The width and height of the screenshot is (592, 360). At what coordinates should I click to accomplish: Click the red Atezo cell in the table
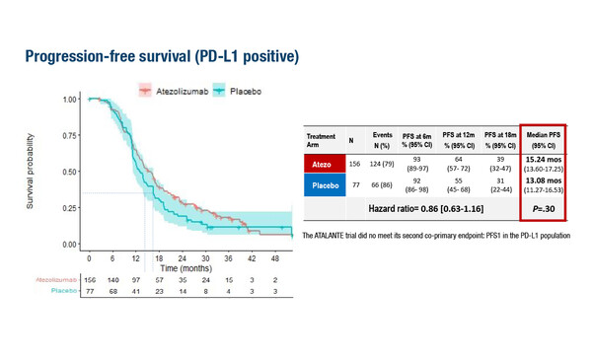(x=329, y=165)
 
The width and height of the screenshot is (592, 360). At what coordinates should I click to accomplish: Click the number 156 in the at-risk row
(x=89, y=281)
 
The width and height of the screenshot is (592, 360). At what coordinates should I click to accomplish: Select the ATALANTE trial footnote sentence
(x=436, y=238)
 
